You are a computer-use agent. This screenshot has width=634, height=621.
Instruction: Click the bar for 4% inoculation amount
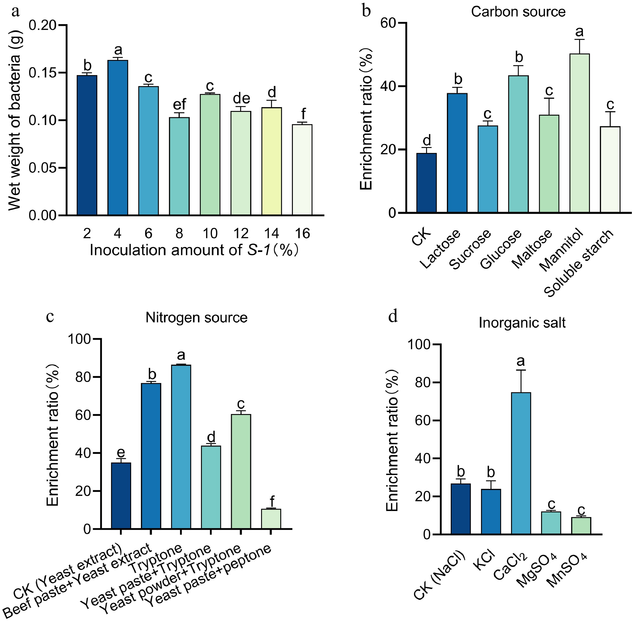[x=118, y=137]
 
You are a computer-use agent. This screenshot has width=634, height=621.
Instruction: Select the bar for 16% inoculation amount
[x=302, y=170]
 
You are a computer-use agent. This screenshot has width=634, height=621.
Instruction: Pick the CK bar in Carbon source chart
[x=426, y=183]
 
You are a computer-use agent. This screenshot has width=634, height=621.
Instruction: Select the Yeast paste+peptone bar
[x=271, y=519]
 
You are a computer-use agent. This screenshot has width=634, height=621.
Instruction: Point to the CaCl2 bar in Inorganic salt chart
[x=521, y=463]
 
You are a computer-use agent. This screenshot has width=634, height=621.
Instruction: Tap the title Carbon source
[x=518, y=12]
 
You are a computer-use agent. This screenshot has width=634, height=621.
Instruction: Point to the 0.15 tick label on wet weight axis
[x=43, y=73]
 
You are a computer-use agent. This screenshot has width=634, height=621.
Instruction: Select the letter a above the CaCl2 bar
[x=521, y=361]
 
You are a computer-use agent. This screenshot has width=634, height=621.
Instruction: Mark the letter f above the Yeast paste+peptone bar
[x=271, y=501]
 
